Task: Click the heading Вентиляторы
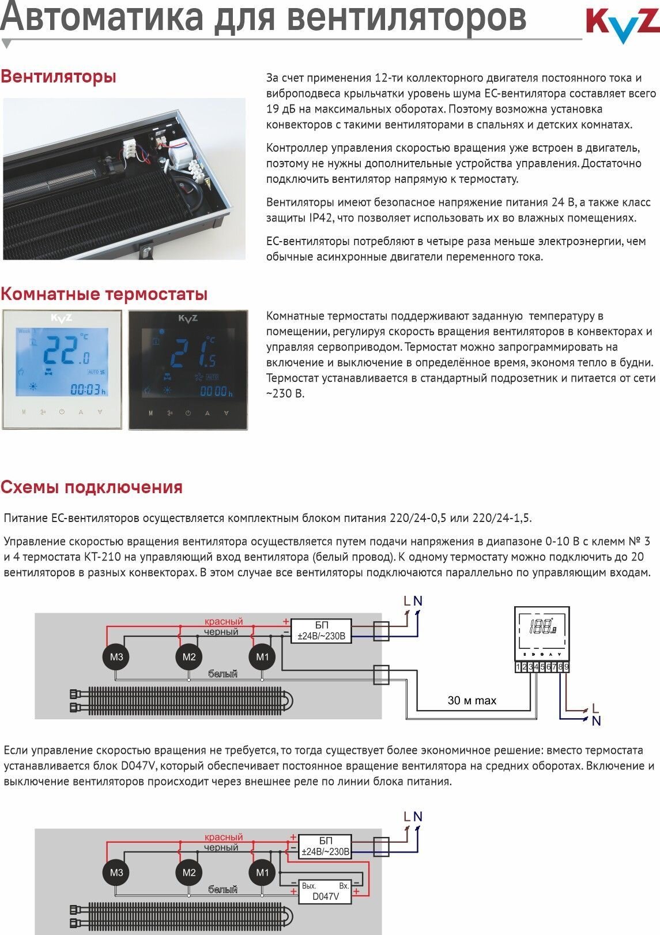58,76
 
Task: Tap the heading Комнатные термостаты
104,294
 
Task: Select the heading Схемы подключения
91,487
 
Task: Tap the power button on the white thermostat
62,412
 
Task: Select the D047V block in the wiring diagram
325,891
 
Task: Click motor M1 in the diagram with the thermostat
262,657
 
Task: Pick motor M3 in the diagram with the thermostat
116,657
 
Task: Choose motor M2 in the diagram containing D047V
189,873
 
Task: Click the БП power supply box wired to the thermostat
321,631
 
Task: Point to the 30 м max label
472,701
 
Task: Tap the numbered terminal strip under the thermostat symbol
542,667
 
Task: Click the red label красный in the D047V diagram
224,837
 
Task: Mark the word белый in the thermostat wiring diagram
222,674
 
